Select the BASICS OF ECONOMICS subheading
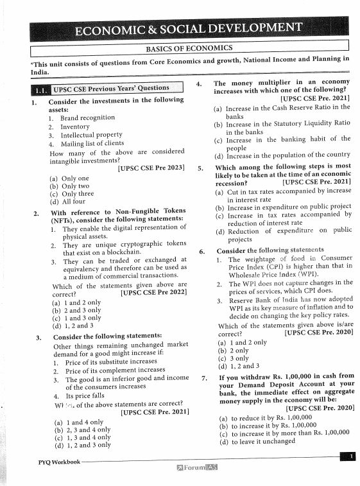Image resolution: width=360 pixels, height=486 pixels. click(189, 48)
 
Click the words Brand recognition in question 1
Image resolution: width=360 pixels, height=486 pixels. click(87, 117)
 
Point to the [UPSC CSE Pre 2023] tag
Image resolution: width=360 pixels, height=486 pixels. click(151, 168)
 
